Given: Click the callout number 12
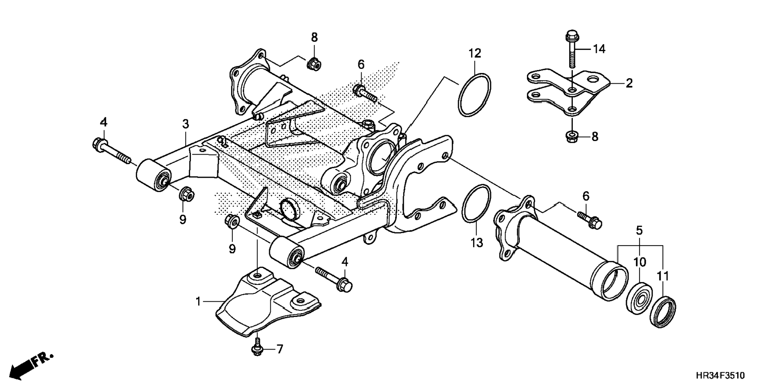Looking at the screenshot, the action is tap(474, 53).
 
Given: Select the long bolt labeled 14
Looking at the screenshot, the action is tap(572, 50).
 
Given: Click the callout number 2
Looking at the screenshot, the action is tap(629, 83).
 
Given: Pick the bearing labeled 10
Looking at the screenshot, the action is tap(639, 299).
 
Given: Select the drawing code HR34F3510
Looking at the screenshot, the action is tap(720, 375).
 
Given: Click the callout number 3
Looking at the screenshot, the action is tap(185, 124).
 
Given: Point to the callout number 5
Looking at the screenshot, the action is tap(639, 230).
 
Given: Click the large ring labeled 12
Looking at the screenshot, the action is tap(474, 95).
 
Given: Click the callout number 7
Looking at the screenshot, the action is tap(279, 349).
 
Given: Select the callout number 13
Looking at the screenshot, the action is tap(477, 242).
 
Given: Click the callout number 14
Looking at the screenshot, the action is tap(599, 49).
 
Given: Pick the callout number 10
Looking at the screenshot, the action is tap(639, 262).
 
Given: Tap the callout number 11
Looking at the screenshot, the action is tap(663, 276).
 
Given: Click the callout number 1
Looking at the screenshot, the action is tap(198, 302).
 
